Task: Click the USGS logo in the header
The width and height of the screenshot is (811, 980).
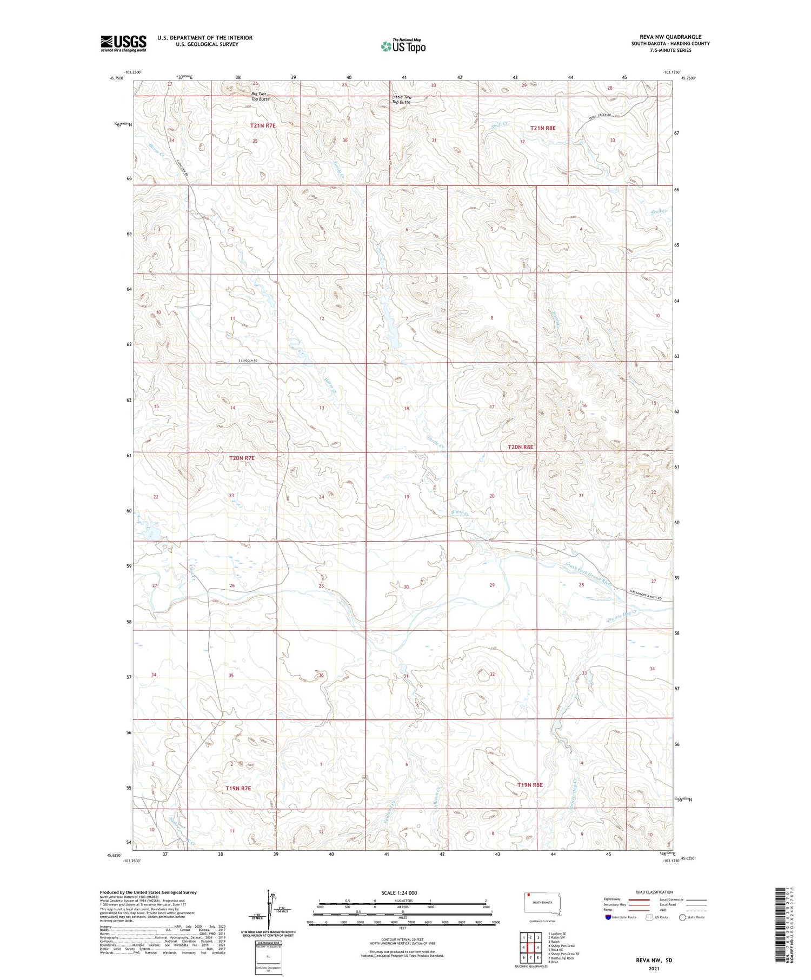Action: [123, 43]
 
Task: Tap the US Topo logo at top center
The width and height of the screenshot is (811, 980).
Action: [403, 46]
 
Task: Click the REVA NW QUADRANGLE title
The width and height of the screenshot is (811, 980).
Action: [670, 37]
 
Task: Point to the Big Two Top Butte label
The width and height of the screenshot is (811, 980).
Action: [260, 97]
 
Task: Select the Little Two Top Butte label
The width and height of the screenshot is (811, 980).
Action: [401, 99]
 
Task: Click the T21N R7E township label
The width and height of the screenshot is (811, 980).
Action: [263, 125]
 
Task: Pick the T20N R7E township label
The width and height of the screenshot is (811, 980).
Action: [242, 458]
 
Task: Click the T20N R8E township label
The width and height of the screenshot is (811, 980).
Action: [521, 447]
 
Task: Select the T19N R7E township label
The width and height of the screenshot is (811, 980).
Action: [238, 788]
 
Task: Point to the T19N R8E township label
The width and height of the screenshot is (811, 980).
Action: [530, 784]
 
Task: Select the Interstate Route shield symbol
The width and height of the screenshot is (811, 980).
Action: [608, 917]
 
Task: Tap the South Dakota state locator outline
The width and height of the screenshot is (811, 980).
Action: [542, 904]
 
